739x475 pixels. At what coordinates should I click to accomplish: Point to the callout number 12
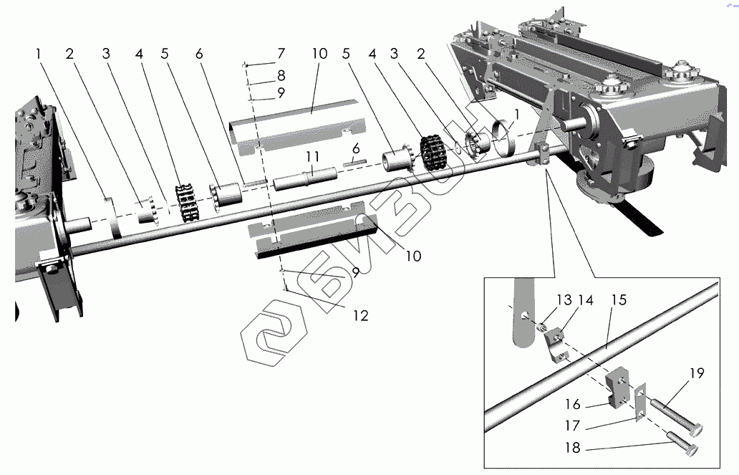(360, 315)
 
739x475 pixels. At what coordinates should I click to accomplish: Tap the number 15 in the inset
(619, 299)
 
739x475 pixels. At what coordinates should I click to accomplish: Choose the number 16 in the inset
(572, 405)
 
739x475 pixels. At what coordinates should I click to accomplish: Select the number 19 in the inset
(697, 373)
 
